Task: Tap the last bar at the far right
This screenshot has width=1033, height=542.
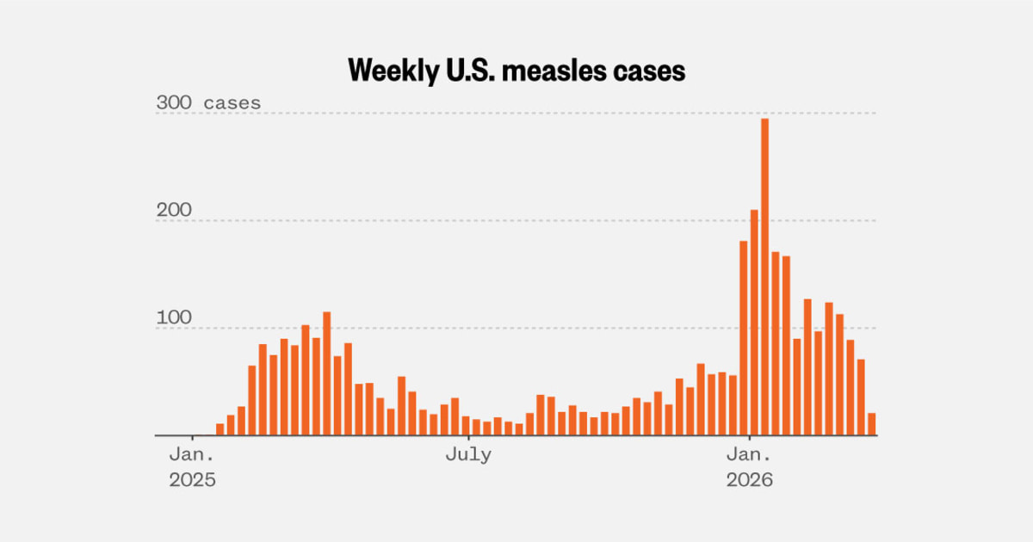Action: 871,424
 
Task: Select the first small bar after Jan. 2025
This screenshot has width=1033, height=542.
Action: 220,429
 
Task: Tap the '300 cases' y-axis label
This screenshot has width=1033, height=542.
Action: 207,103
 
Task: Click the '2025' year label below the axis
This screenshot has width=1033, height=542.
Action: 191,479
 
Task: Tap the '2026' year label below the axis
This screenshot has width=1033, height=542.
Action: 749,479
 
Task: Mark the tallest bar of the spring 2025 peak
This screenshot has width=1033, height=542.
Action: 327,374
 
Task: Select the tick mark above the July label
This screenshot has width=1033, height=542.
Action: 468,439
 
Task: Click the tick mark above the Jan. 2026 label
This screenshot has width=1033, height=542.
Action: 749,439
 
